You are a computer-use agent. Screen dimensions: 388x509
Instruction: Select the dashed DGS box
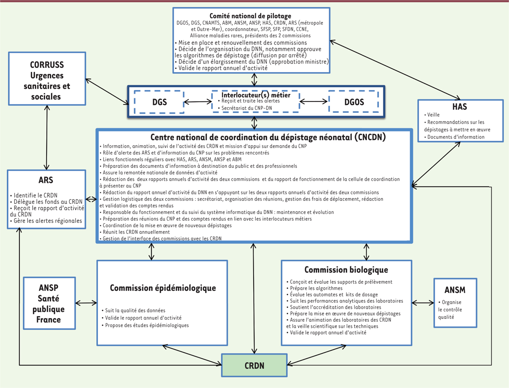[x=159, y=102]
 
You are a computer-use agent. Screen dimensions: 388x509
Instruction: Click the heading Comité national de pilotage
[x=253, y=16]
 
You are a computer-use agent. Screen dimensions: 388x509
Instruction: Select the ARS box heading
[x=46, y=180]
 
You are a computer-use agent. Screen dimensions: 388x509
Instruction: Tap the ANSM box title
[x=455, y=290]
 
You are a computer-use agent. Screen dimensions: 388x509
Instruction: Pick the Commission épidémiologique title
[x=163, y=288]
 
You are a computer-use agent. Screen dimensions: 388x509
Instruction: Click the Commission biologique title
[x=346, y=270]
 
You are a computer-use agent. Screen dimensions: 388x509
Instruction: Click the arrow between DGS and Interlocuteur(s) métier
[x=198, y=102]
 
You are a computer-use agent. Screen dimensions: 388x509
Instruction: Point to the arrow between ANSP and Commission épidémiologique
[x=86, y=303]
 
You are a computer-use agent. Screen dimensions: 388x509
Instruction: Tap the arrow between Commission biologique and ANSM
[x=422, y=303]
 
